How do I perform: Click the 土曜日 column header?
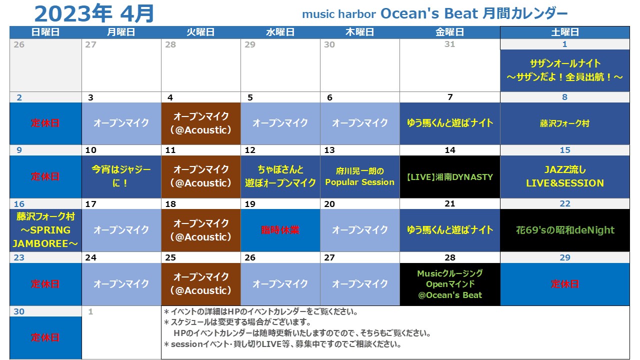[565, 32]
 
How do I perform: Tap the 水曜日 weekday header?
[280, 32]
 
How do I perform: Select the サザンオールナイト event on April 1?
[565, 70]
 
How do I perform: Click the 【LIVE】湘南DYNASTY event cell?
[450, 177]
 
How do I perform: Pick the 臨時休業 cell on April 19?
[280, 230]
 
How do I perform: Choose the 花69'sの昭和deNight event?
[565, 230]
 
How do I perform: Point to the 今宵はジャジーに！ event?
[121, 177]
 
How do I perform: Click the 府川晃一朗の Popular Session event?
[360, 177]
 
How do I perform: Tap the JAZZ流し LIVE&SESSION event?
[565, 177]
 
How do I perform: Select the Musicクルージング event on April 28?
[450, 284]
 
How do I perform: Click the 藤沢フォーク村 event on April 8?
[565, 123]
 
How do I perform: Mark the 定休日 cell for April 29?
[565, 284]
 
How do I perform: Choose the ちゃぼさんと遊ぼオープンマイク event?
[280, 177]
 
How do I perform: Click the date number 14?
[450, 150]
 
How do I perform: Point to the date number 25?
[170, 257]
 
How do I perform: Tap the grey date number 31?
[449, 44]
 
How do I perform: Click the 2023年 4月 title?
[94, 13]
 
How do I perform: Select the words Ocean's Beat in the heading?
[429, 13]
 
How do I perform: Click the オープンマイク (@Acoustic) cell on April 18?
[201, 230]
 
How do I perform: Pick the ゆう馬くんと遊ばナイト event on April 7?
[450, 123]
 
